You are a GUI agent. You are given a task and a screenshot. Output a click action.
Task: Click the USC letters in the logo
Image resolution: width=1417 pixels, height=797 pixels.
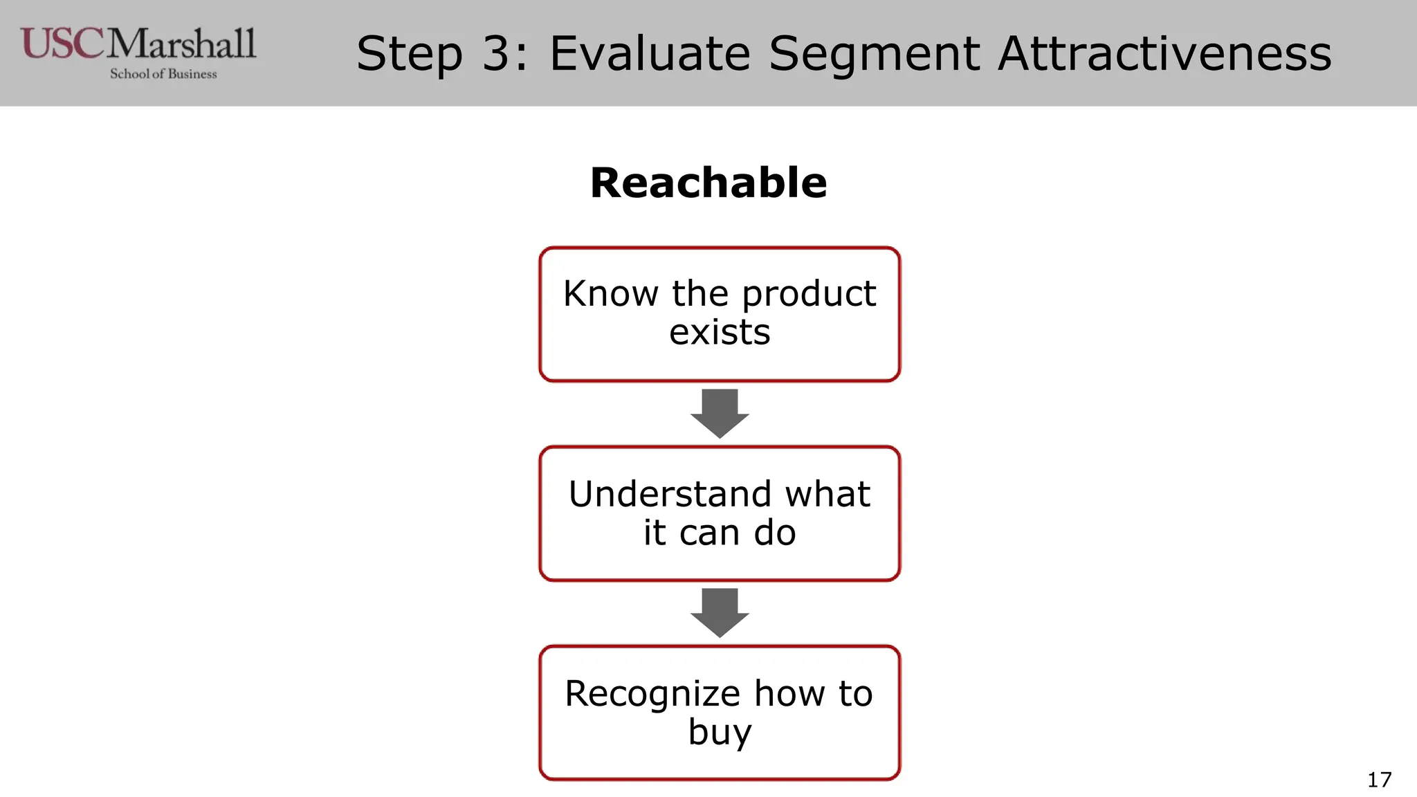point(62,44)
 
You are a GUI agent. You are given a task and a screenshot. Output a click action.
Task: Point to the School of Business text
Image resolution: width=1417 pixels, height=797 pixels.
point(163,74)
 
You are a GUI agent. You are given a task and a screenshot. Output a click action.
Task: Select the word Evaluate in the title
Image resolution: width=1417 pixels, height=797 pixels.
point(650,54)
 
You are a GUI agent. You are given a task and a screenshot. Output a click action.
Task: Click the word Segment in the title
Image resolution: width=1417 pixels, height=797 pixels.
point(875,54)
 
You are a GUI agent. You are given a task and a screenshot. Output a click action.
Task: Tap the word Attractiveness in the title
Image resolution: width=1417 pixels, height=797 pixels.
point(1164,54)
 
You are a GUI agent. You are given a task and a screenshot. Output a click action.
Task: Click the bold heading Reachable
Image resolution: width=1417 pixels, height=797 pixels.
point(708,183)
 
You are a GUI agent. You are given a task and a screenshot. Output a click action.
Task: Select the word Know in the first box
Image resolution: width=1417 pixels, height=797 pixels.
point(610,293)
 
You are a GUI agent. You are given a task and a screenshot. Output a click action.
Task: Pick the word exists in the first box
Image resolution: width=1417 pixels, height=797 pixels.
point(720,333)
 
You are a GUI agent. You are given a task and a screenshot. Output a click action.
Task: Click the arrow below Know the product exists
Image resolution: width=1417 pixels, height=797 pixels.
point(720,414)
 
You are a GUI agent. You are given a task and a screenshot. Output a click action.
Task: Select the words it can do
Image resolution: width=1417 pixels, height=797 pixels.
point(720,533)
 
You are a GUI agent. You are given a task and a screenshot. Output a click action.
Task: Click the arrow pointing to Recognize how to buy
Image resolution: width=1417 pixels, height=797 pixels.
point(720,613)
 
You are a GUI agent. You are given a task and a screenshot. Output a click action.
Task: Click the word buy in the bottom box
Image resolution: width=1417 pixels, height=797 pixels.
point(720,733)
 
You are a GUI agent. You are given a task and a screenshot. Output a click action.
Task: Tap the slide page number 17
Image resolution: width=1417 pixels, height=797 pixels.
point(1379,780)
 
